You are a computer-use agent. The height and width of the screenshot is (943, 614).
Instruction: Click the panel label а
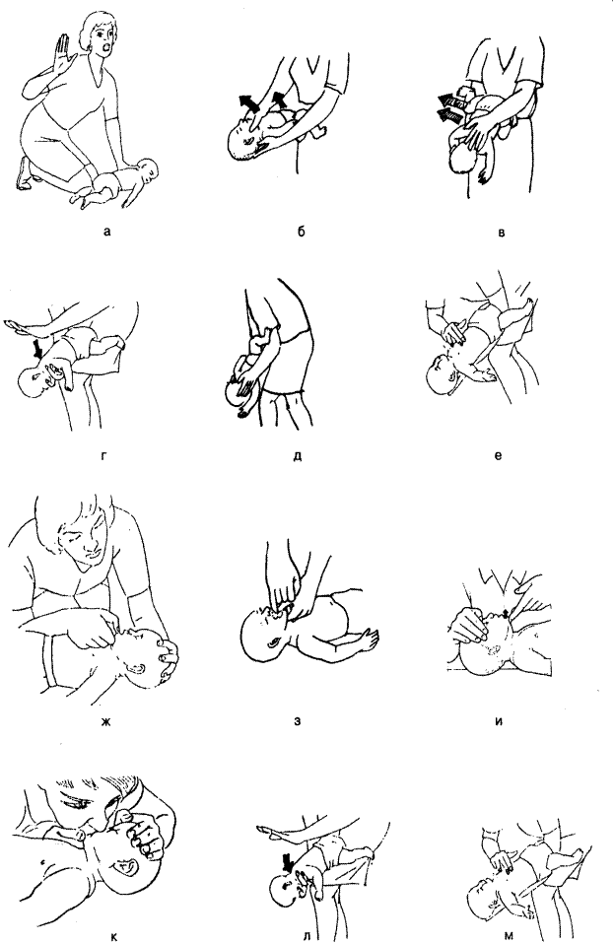tap(107, 231)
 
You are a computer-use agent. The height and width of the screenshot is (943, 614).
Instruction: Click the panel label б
tap(302, 231)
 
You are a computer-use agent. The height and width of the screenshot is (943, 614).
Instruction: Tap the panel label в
tap(502, 233)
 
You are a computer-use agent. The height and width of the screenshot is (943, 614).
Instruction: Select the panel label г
tap(104, 456)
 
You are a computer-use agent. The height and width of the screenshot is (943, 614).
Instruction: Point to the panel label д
tap(298, 456)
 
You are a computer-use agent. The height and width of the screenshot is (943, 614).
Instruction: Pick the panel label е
tap(498, 456)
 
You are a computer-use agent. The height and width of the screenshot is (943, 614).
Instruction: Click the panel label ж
tap(106, 720)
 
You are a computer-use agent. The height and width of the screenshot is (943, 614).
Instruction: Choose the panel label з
tap(297, 720)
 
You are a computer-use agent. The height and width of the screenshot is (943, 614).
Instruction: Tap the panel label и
tap(499, 720)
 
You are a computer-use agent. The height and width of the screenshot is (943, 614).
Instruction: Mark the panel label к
tap(114, 936)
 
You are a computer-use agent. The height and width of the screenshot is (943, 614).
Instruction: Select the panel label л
tap(307, 936)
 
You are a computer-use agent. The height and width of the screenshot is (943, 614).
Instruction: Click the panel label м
tap(509, 934)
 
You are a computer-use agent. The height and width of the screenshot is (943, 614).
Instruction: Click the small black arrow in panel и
tap(506, 611)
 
